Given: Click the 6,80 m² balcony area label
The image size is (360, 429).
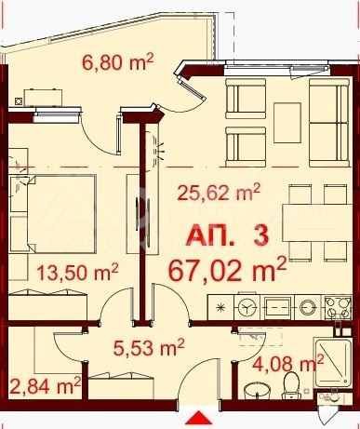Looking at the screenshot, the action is pos(118,62).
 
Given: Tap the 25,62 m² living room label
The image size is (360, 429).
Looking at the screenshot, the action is pos(218,193).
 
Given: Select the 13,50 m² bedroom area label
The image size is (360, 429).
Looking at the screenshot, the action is pos(77,272).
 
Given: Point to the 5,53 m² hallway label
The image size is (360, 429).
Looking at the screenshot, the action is pos(149,347).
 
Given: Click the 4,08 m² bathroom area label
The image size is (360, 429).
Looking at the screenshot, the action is pos(288,363).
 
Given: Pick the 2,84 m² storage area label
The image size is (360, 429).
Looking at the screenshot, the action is pos(46,385).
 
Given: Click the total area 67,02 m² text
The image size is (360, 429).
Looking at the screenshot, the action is pos(227,270).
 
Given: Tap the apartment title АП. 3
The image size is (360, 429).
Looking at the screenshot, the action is pos(227,235).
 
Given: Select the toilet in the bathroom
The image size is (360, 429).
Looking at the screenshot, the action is pos(290,385).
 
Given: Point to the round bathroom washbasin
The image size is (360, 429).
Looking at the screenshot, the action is pos(257,390).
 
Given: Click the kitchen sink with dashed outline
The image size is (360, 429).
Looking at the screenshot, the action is pos(278,307).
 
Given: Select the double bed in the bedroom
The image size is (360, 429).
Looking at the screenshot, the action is pos(52,214).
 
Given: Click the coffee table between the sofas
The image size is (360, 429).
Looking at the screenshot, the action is pos(287,123).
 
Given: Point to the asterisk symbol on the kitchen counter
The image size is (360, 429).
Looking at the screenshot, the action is pos(220,308).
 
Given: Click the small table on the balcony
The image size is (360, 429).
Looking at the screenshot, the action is pos(44,98).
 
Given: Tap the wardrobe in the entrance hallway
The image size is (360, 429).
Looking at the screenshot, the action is pos(121,387).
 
